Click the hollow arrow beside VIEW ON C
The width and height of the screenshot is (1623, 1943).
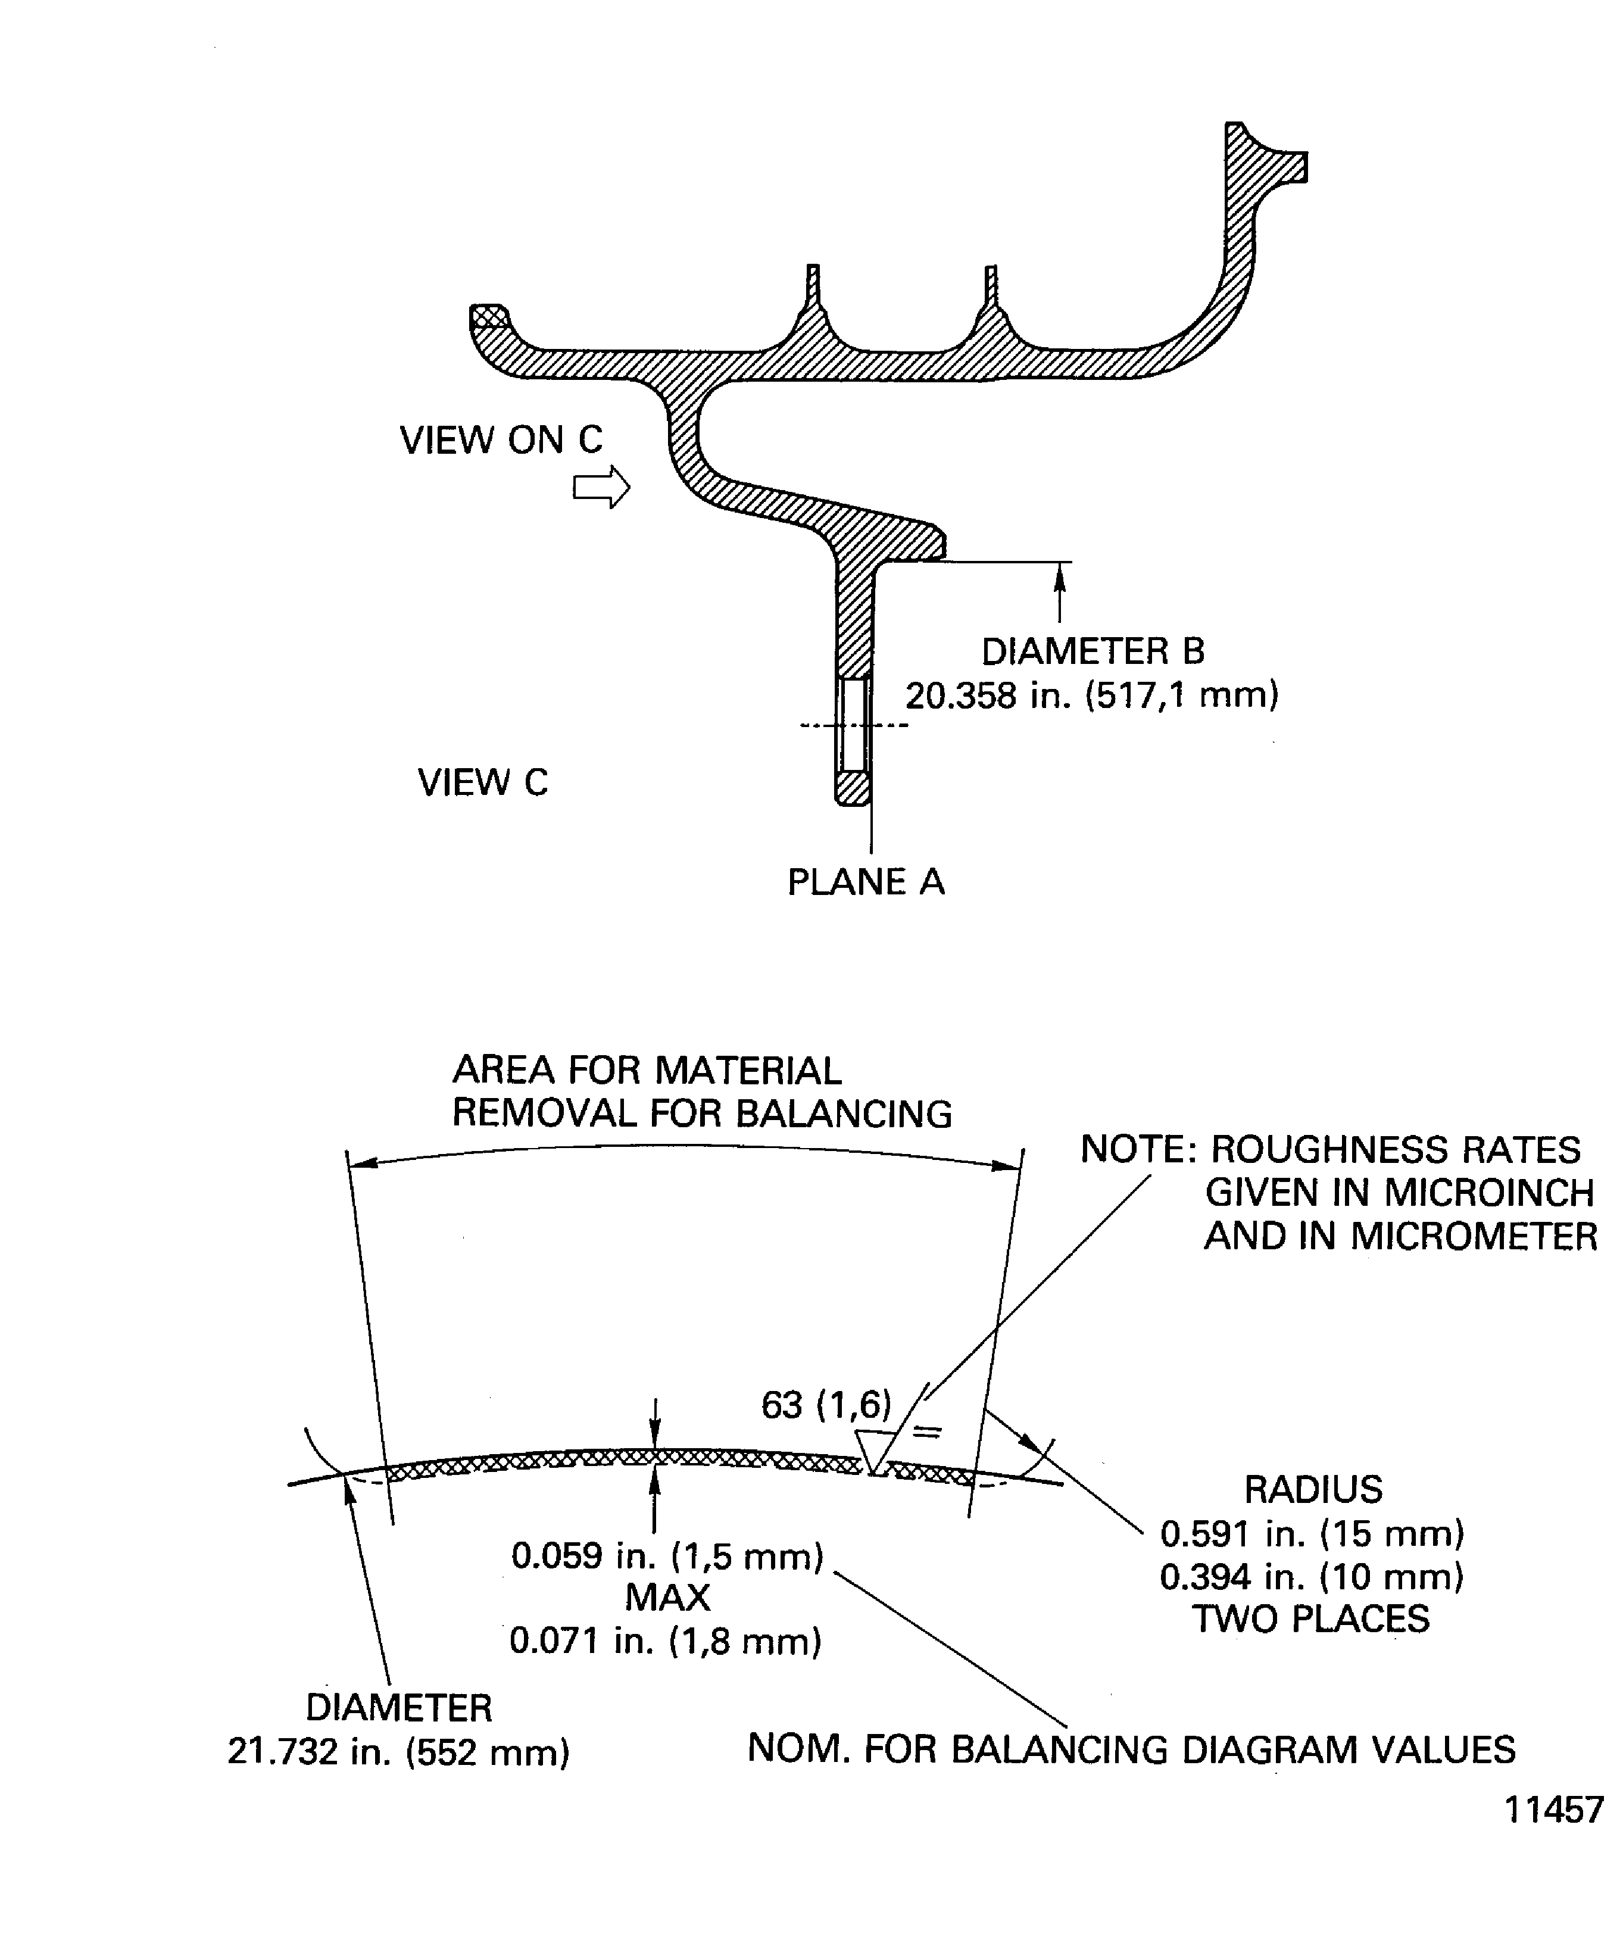pyautogui.click(x=601, y=486)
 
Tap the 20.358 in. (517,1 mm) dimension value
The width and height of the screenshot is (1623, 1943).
pyautogui.click(x=1092, y=695)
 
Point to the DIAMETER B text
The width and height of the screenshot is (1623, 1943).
pyautogui.click(x=1093, y=651)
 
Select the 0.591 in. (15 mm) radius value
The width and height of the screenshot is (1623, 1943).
pyautogui.click(x=1312, y=1534)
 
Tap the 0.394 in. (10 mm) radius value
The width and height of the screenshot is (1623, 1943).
pyautogui.click(x=1312, y=1577)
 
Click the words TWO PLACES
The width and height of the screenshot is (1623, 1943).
pyautogui.click(x=1310, y=1619)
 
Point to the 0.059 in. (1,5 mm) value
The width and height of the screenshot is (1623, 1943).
pyautogui.click(x=667, y=1557)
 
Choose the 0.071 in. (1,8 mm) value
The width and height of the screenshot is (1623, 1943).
pyautogui.click(x=665, y=1641)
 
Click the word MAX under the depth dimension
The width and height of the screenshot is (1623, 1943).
pyautogui.click(x=667, y=1598)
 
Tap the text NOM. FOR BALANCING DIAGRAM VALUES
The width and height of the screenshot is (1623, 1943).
pyautogui.click(x=1131, y=1749)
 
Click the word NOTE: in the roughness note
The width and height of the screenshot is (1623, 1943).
pyautogui.click(x=1139, y=1150)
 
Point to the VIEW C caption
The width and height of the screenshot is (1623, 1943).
pyautogui.click(x=482, y=783)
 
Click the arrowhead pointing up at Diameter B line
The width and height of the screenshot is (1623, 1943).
pyautogui.click(x=1060, y=575)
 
